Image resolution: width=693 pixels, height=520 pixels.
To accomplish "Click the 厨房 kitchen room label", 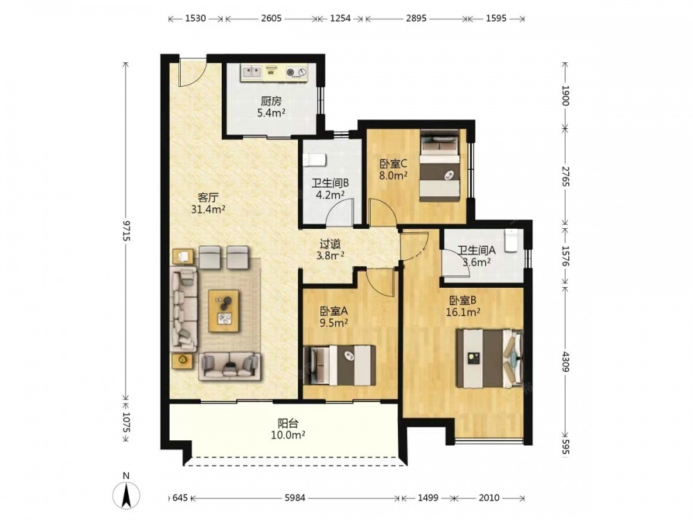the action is tap(271, 101).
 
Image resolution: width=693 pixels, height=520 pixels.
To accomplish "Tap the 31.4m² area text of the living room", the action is tap(208, 209).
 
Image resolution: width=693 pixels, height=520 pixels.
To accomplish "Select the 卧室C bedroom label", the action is tap(393, 164).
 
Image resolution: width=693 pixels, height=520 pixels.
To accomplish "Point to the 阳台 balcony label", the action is tap(288, 424).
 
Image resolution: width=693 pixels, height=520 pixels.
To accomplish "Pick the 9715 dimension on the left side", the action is tap(126, 230).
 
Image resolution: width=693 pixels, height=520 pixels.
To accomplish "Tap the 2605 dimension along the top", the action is tap(272, 19).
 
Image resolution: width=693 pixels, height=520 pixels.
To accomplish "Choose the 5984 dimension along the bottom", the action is tap(295, 498).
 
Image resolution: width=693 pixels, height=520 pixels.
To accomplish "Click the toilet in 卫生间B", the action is tap(315, 159).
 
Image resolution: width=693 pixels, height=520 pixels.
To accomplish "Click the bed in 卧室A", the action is tap(340, 365).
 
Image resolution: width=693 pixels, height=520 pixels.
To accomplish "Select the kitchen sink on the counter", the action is tap(252, 71).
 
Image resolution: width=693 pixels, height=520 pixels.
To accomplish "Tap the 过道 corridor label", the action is tap(330, 244).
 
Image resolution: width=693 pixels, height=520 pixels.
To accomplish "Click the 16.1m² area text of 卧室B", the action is tap(463, 312).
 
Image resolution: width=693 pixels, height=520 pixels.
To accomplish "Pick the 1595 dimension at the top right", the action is tap(496, 19).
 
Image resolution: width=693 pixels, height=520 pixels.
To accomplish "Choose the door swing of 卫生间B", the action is tap(340, 213).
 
